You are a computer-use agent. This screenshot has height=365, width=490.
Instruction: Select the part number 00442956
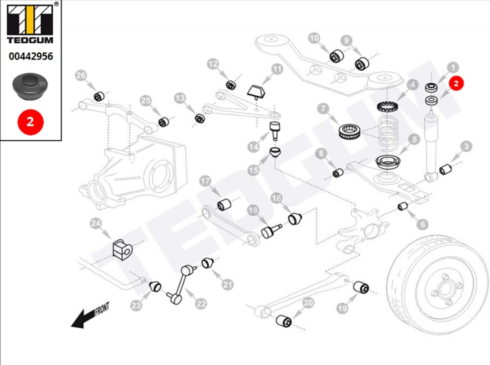pos(30,57)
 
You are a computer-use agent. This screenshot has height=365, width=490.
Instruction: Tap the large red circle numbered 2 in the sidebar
pos(30,121)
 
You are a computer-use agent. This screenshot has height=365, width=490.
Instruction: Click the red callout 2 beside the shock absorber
pos(456,84)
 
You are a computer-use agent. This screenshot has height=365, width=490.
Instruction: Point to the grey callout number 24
pos(96,224)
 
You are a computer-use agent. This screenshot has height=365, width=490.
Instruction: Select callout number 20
pos(308,303)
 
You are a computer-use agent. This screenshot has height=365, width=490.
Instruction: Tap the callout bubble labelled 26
pos(81,75)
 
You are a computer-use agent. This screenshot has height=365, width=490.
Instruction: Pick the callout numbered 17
pos(206,181)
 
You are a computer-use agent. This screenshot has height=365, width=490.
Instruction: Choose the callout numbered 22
pos(201,304)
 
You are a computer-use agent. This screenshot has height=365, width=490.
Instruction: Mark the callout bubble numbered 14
pos(254,147)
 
